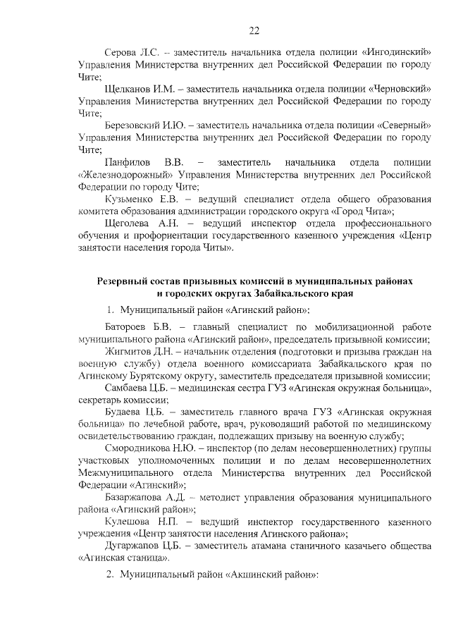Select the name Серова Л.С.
131,53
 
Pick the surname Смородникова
138,449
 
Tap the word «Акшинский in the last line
254,575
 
